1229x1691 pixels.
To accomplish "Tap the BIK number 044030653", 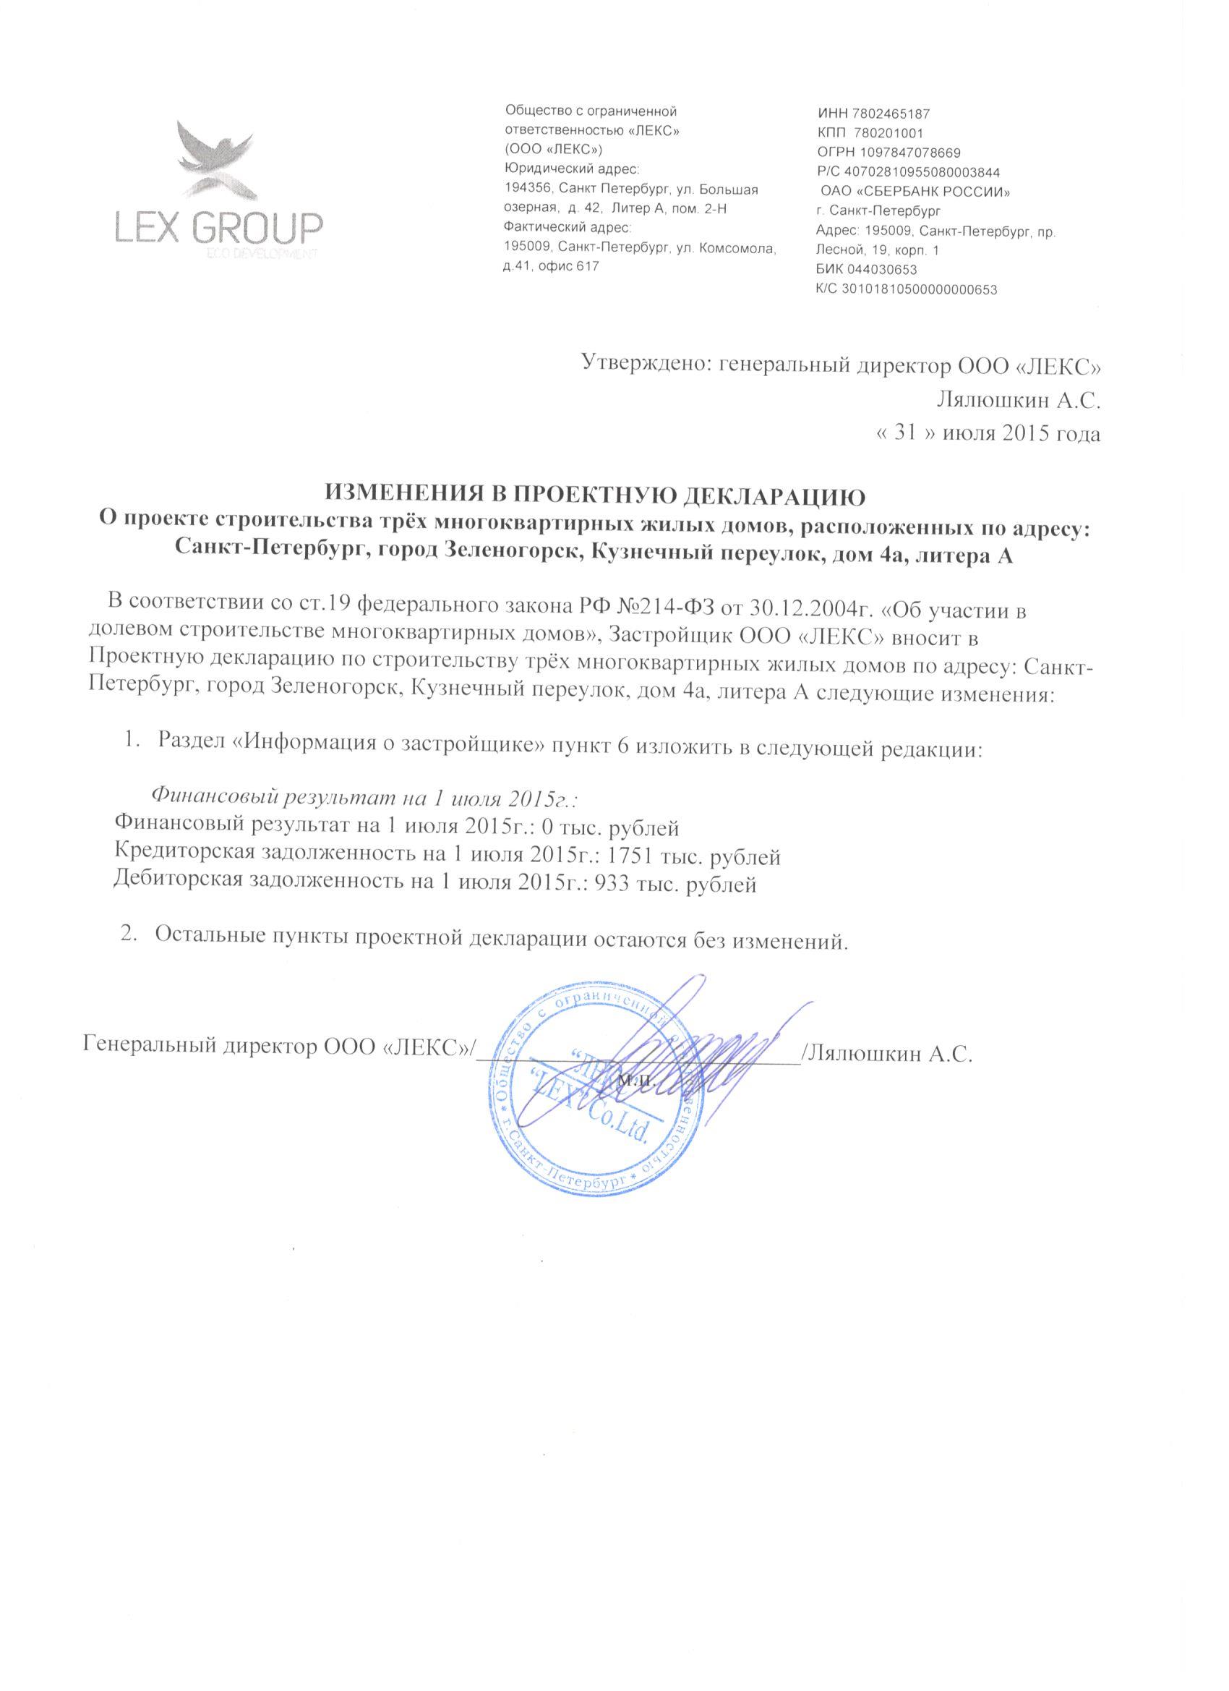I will click(884, 270).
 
